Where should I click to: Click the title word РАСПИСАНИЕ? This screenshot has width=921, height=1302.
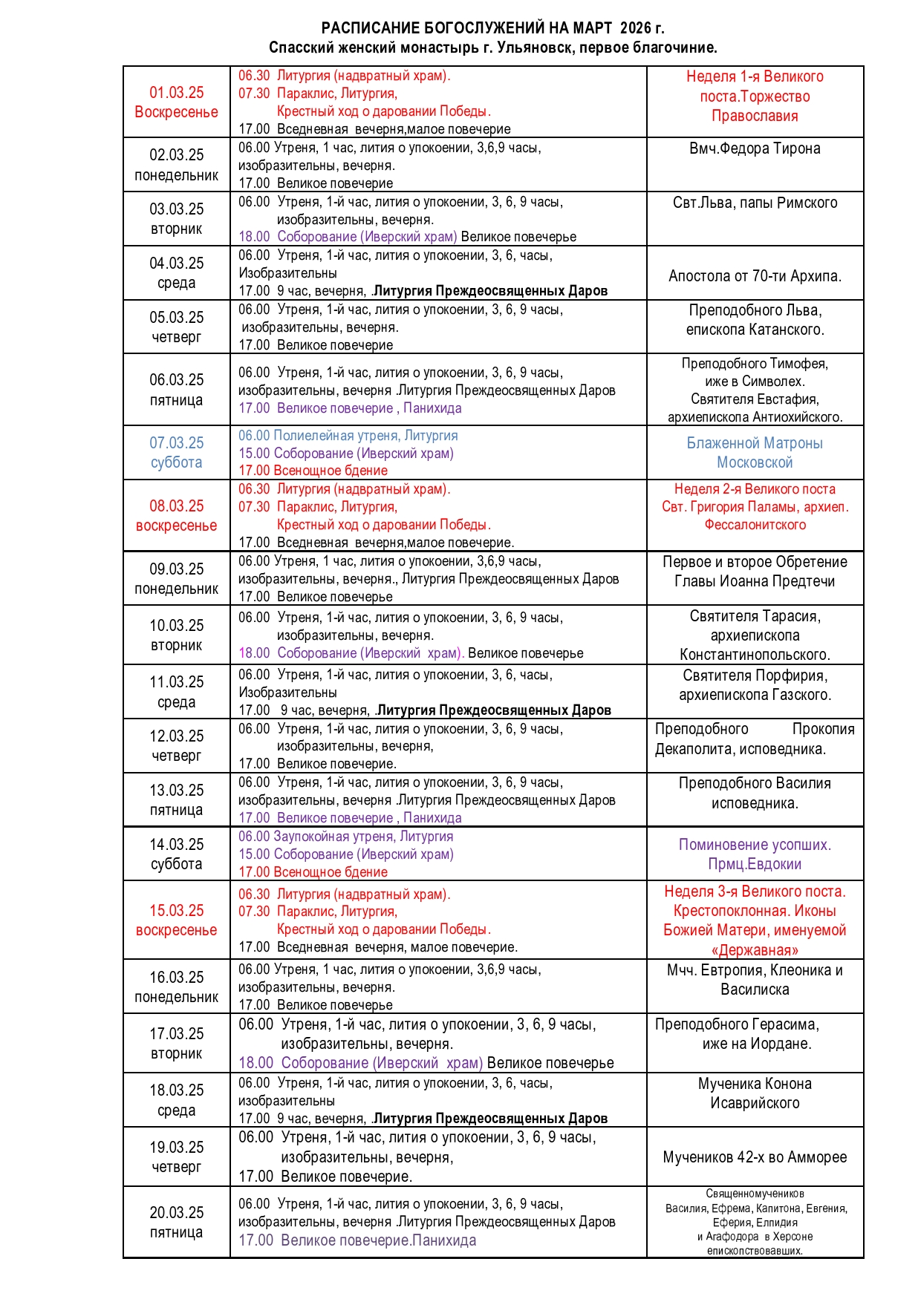[x=370, y=28]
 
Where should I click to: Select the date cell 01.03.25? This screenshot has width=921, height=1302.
[x=177, y=93]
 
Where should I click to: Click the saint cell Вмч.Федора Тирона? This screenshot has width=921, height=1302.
[x=755, y=148]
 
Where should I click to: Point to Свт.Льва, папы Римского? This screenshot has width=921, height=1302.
[x=755, y=203]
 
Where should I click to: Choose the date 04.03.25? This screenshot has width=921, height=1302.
[x=177, y=264]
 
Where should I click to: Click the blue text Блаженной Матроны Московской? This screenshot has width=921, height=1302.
[x=755, y=452]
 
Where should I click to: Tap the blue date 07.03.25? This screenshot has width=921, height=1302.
[x=177, y=443]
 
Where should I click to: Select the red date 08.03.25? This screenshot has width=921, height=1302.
[x=177, y=506]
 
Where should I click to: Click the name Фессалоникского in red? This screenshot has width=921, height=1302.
[x=755, y=525]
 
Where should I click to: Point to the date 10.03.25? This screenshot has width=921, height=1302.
[x=177, y=626]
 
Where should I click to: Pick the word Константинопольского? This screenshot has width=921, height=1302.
[x=755, y=655]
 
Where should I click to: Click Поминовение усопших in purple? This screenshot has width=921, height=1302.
[x=755, y=845]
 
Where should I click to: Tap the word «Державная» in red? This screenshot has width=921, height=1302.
[x=755, y=950]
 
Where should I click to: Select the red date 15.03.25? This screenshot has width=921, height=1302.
[x=177, y=911]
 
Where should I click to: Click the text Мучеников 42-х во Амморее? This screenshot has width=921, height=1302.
[x=755, y=1157]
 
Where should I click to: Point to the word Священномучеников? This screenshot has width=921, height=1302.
[x=755, y=1194]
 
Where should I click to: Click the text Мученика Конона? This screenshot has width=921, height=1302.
[x=755, y=1084]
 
